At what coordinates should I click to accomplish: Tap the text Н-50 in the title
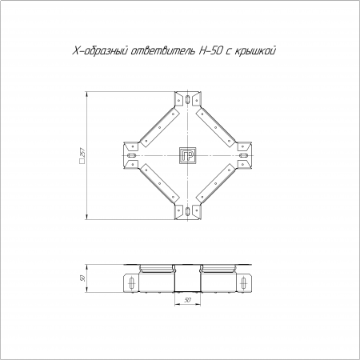pos(210,50)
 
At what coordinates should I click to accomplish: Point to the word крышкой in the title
pos(255,50)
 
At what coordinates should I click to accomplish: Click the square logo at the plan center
pos(188,155)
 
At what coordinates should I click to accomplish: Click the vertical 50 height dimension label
pos(82,278)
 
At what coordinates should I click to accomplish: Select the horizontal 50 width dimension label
pos(188,300)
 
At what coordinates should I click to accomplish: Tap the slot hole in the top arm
pos(188,99)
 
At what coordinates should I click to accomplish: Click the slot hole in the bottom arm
pos(188,211)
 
